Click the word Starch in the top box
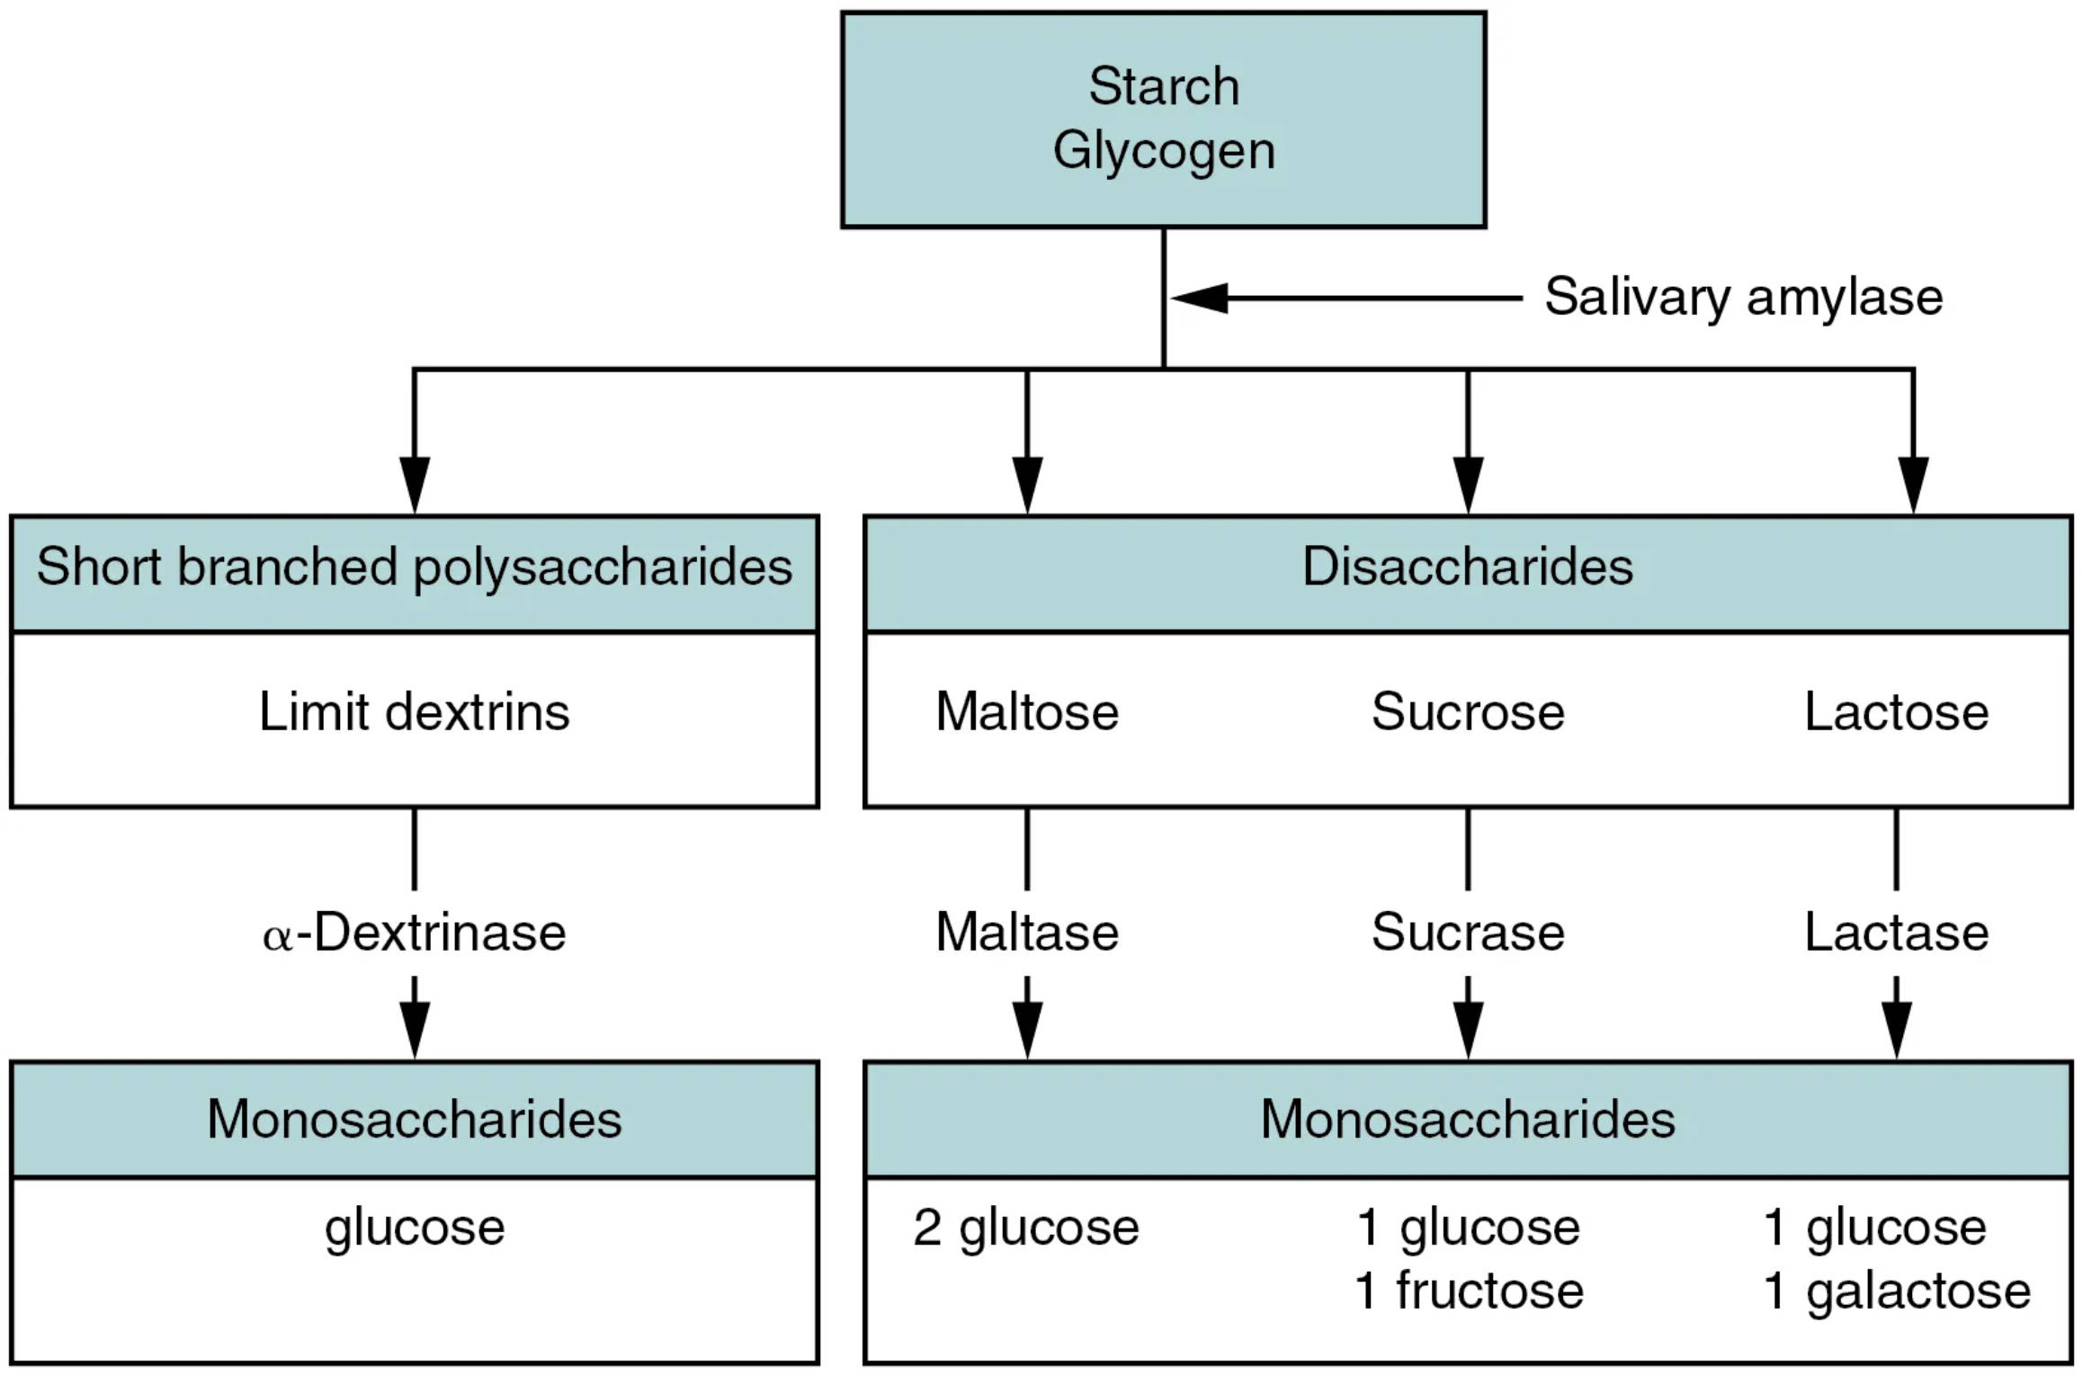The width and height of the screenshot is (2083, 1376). [1163, 87]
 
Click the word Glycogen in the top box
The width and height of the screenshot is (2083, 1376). [1163, 151]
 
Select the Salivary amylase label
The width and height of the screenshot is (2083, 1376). [1743, 297]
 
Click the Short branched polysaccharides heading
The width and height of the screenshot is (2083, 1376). [414, 567]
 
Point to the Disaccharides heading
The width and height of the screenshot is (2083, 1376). [1467, 567]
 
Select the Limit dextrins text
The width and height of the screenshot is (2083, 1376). [414, 712]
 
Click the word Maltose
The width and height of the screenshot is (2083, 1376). [1026, 712]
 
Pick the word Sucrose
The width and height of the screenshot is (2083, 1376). [1467, 712]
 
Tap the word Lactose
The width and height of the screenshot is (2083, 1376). [1896, 712]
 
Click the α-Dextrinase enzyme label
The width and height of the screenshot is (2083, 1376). [414, 933]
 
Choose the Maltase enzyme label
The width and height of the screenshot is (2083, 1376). [1026, 933]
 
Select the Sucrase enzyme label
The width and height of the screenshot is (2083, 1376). [1467, 933]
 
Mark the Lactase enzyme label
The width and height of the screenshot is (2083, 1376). [1896, 933]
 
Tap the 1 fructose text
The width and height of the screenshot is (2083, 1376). [1469, 1291]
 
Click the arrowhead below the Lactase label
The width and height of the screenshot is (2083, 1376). [1896, 1032]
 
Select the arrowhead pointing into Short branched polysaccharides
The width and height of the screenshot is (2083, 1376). [414, 486]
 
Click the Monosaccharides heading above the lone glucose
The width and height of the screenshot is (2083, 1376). [414, 1121]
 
